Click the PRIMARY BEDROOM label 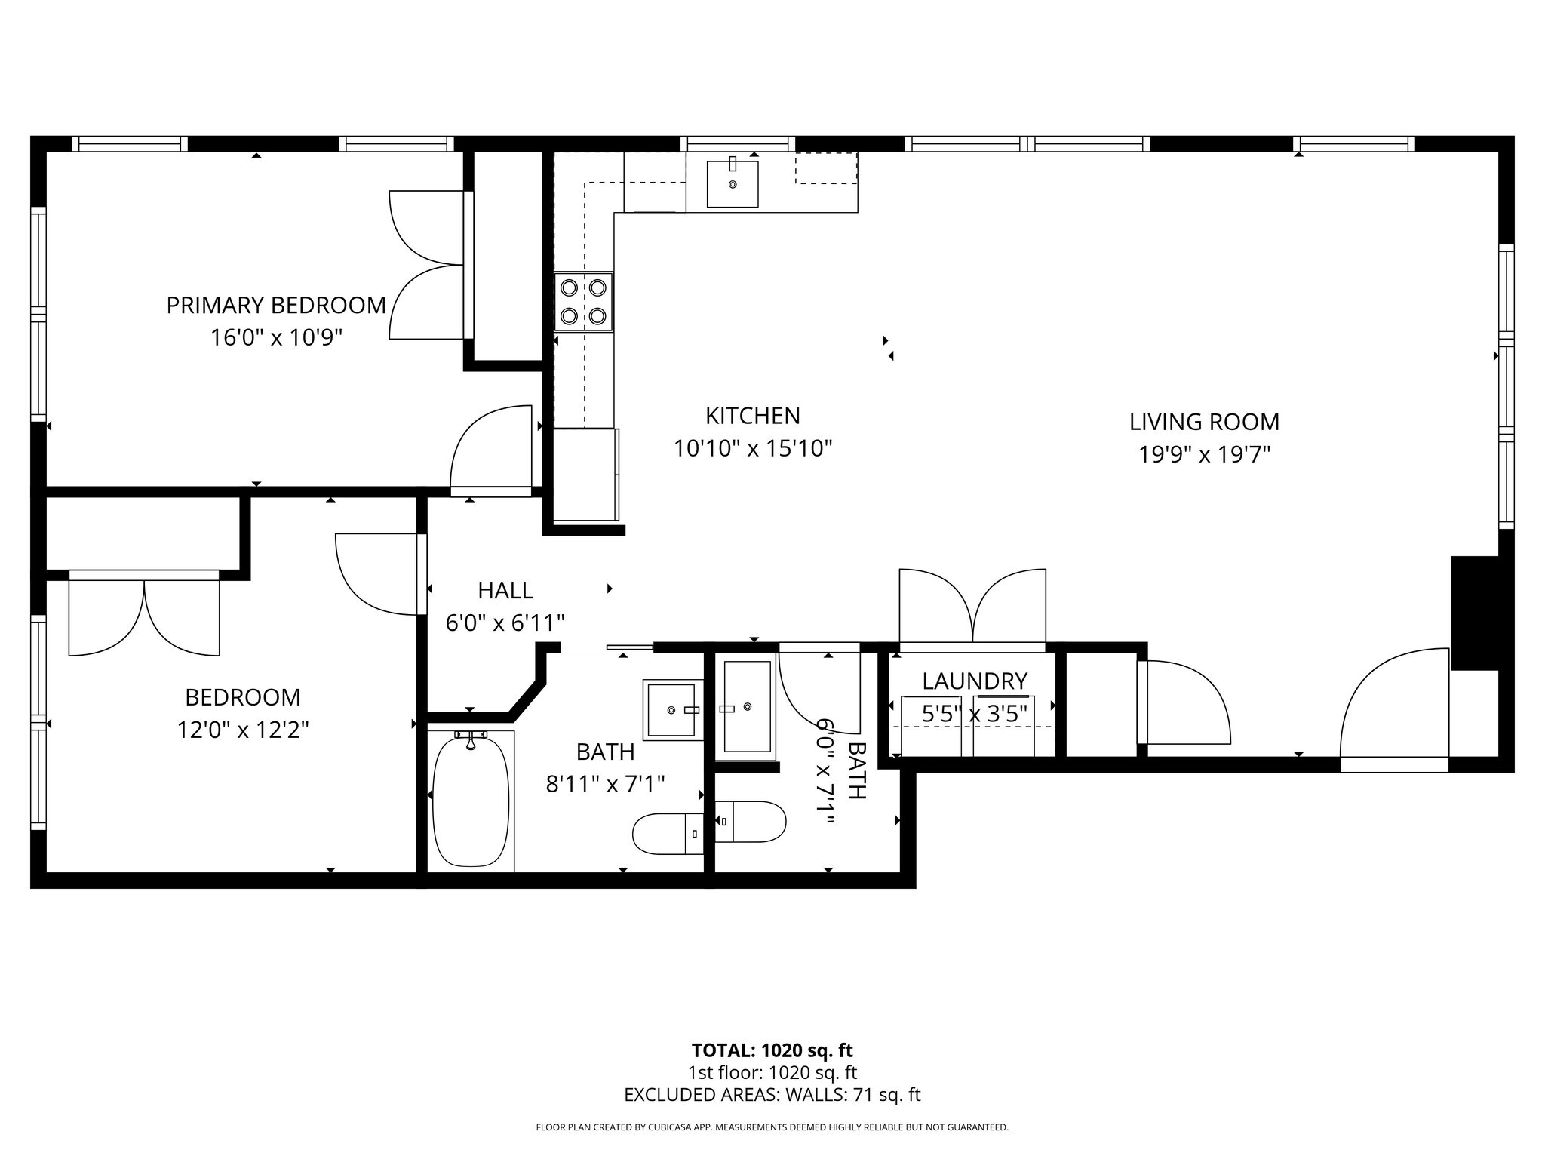pos(276,305)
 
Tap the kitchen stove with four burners pos(583,302)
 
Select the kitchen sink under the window pos(732,183)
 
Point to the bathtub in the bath pos(471,801)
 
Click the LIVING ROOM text pos(1204,422)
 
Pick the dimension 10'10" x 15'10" pos(752,449)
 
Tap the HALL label pos(505,590)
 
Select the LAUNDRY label pos(974,681)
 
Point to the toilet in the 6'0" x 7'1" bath pos(750,822)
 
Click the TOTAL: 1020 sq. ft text pos(772,1050)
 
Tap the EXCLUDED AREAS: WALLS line pos(772,1095)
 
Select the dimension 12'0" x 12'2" pos(243,730)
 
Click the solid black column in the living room pos(1474,613)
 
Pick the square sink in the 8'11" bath pos(671,710)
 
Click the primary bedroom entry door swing pos(492,450)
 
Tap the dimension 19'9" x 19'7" pos(1204,455)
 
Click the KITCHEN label pos(752,416)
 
